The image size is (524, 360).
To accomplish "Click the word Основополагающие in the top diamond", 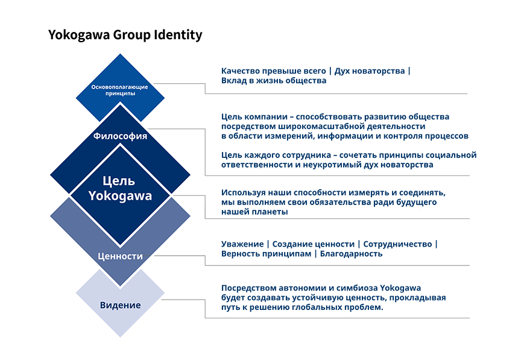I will (x=120, y=87).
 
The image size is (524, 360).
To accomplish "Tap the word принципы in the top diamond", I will (x=120, y=95).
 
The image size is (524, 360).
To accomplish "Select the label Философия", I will (x=121, y=136).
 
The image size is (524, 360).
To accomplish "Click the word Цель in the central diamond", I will (x=120, y=182).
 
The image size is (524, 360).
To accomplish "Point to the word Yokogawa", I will (x=120, y=196).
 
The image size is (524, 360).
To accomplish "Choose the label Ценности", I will (x=121, y=256).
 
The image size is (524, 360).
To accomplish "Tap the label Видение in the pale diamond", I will (x=121, y=305).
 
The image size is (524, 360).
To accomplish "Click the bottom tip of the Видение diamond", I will (x=121, y=338).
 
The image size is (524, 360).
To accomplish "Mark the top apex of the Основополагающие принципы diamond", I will (x=121, y=54).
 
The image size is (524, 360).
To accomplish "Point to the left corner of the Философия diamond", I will (x=51, y=175).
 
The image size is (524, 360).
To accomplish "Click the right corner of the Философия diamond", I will (x=191, y=175).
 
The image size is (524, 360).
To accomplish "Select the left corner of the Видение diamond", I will (x=76, y=294).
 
